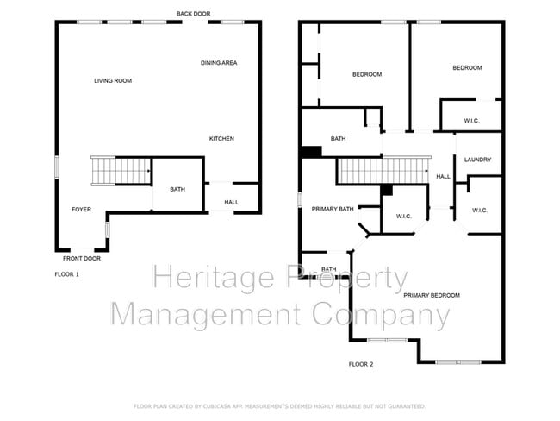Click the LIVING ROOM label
[113, 81]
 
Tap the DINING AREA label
[219, 63]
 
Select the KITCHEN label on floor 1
[221, 139]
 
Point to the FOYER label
[81, 210]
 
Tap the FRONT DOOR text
[82, 259]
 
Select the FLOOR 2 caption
[360, 365]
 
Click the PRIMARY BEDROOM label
[431, 296]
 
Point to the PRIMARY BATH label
[333, 209]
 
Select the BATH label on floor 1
[177, 190]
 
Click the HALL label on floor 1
[232, 203]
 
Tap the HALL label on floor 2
[443, 177]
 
